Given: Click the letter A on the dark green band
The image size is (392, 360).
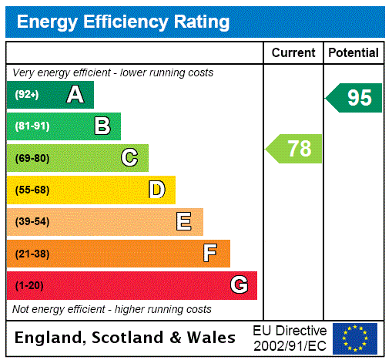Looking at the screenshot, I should (75, 95).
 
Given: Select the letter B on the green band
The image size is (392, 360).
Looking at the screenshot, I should (102, 126).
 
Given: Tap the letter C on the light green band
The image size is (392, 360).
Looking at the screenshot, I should (129, 158).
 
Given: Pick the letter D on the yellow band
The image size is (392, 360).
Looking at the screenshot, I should (156, 190).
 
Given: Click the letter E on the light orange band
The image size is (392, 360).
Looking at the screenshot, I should (184, 222).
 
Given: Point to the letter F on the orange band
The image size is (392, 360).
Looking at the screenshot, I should (210, 254).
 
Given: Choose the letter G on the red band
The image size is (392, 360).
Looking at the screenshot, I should (239, 285).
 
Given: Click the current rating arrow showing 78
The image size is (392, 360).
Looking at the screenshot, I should (294, 148).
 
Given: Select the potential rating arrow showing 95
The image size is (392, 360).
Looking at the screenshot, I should (354, 98).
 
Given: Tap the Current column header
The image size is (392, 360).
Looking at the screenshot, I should (293, 53).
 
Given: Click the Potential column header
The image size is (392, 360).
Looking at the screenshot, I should (353, 53).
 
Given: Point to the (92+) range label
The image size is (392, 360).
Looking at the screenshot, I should (27, 95).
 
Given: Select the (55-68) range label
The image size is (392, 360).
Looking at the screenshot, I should (32, 190).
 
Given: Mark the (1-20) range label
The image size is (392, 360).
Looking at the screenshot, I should (29, 286).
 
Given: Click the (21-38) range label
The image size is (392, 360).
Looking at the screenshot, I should (32, 254).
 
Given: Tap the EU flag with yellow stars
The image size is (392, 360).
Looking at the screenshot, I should (355, 338).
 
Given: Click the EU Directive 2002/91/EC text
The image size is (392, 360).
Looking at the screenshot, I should (290, 338).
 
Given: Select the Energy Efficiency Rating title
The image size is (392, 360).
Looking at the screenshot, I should (123, 22).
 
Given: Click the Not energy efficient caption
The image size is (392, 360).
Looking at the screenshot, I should (112, 309).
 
